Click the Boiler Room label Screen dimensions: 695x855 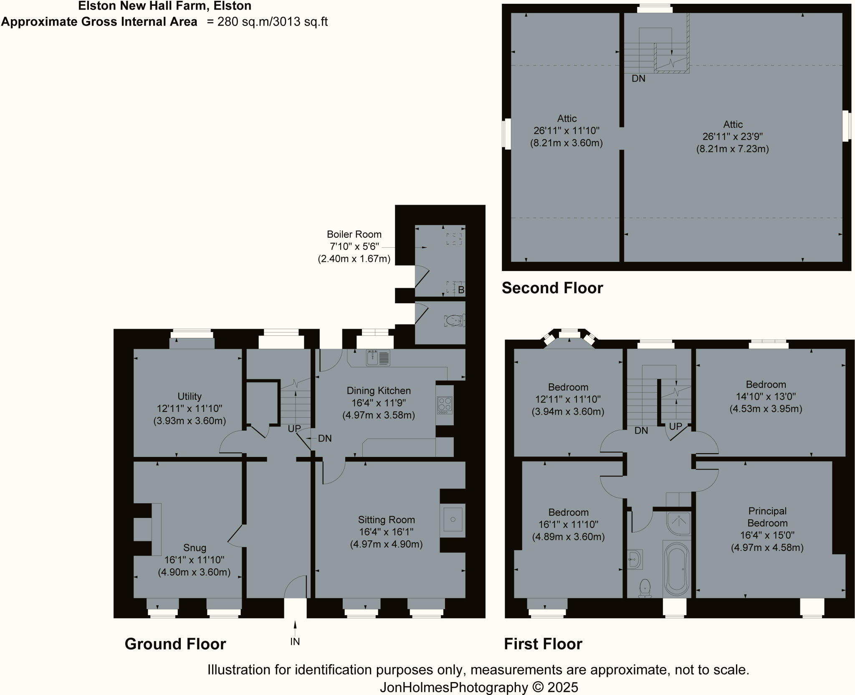[354, 234]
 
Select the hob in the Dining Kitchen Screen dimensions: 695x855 [445, 405]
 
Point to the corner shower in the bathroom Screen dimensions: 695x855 [678, 524]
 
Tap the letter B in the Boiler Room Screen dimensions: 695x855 [461, 289]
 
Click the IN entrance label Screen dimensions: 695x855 [295, 642]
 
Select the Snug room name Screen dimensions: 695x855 [195, 548]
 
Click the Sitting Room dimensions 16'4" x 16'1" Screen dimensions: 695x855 [386, 532]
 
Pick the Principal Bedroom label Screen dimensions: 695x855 [767, 517]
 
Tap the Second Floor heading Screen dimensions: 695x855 [552, 288]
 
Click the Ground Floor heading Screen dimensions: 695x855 [175, 644]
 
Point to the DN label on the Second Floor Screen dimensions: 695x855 [638, 78]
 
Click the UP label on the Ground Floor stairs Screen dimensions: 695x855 [294, 429]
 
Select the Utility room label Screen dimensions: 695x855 [190, 396]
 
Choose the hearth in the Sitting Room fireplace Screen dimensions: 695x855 [453, 519]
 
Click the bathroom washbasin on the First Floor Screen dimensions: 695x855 [635, 559]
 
